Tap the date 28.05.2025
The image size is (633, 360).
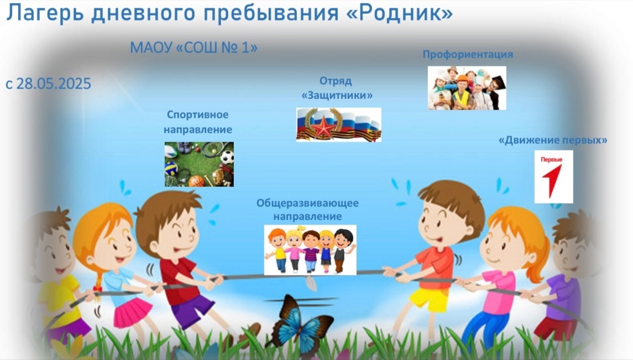54,84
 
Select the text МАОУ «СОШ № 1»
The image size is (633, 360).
194,48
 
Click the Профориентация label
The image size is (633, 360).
468,55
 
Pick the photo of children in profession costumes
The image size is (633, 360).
467,88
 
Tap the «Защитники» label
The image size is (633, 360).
337,96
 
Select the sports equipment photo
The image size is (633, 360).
199,164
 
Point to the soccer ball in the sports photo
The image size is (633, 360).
227,157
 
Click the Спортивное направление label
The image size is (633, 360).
198,122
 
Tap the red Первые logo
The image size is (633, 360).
553,177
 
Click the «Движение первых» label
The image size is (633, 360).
553,140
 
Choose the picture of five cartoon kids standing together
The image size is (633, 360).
310,250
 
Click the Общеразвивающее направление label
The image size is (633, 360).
307,210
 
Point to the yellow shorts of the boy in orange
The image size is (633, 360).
429,299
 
